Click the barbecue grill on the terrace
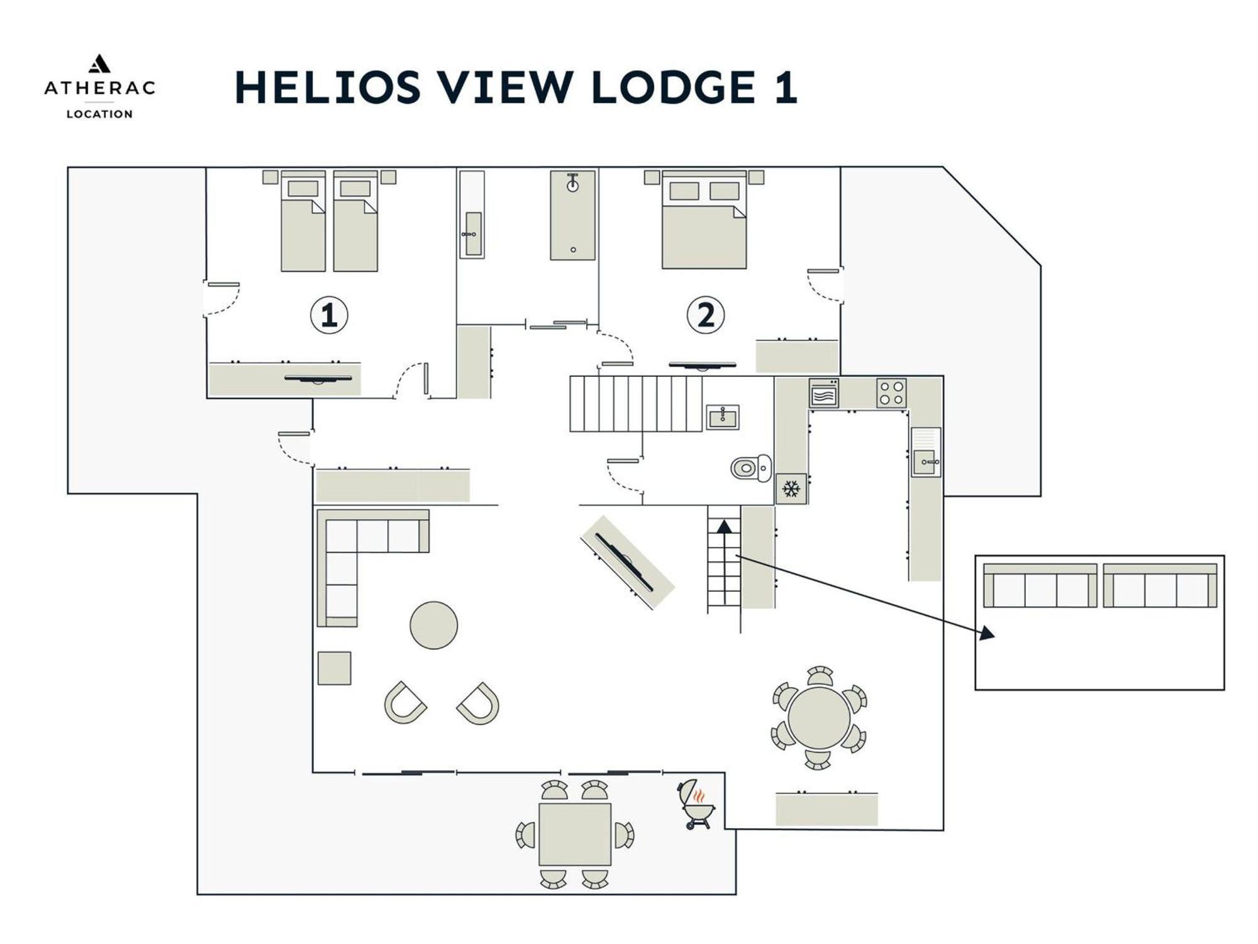coord(696,804)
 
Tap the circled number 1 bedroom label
coord(329,315)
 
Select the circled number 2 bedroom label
coord(706,315)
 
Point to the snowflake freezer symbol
coord(791,489)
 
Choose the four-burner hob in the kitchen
coord(891,393)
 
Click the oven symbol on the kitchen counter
coord(823,393)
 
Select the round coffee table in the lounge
coord(433,625)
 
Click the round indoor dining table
coord(819,718)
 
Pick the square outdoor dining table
coord(575,834)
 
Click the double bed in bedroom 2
coord(704,220)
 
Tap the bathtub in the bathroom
coord(572,215)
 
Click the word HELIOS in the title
coord(328,87)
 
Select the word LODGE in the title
coord(673,87)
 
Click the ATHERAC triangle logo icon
coord(99,64)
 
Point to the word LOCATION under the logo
coord(99,114)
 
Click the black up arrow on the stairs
coord(725,561)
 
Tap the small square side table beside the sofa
coord(334,668)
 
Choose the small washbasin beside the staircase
coord(722,417)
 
